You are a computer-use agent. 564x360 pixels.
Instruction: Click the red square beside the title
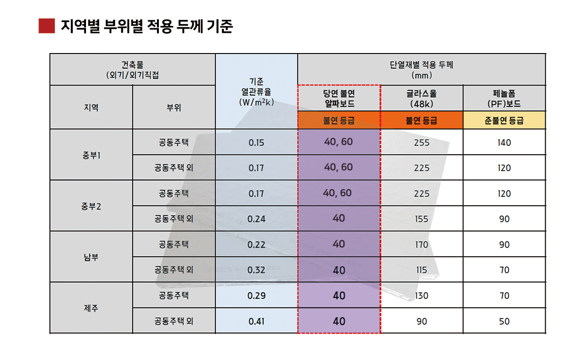[47, 26]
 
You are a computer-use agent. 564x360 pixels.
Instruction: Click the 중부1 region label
[91, 156]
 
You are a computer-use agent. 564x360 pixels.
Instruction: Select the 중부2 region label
[91, 206]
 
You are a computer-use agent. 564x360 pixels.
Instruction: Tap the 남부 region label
[91, 257]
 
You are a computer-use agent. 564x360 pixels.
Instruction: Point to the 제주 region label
[91, 308]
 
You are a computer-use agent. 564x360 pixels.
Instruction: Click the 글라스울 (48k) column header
[422, 98]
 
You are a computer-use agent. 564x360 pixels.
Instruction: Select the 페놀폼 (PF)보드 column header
[504, 98]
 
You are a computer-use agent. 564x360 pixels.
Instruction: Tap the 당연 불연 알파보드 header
[339, 98]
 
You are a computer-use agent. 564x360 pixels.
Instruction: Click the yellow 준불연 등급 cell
[504, 120]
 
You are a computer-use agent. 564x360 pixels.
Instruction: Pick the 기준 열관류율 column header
[256, 92]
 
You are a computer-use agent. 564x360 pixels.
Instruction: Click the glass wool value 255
[422, 143]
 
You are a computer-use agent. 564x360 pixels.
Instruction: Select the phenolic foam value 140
[504, 143]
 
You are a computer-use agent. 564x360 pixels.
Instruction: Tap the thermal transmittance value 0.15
[256, 143]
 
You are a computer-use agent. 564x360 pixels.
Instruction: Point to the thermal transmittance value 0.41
[256, 321]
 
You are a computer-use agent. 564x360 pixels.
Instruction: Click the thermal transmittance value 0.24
[256, 219]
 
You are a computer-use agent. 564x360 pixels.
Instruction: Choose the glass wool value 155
[422, 219]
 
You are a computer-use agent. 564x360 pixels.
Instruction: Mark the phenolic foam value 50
[504, 321]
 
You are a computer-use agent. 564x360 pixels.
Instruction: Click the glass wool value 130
[422, 296]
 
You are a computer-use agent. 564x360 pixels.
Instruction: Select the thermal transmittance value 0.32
[256, 270]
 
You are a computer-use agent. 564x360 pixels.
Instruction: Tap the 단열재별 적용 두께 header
[422, 70]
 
